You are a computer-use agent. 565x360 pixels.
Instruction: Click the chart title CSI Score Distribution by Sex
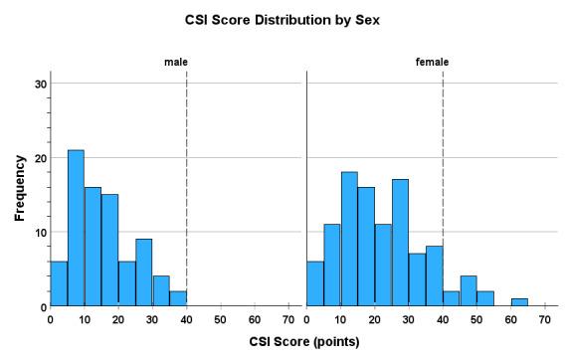coord(282,19)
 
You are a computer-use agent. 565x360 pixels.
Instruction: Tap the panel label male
coord(176,63)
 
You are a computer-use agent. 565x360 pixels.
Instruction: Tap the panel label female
coord(432,63)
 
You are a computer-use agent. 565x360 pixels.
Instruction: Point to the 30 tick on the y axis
coord(38,84)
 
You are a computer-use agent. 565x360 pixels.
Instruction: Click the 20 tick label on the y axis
coord(38,158)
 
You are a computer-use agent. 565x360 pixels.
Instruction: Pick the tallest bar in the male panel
coord(76,229)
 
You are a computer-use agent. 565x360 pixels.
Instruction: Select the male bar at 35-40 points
coord(178,298)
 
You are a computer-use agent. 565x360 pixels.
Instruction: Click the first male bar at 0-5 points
coord(59,284)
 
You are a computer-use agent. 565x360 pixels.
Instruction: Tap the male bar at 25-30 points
coord(143,272)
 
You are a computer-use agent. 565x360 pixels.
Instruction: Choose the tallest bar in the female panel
coord(349,240)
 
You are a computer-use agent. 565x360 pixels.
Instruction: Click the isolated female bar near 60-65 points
coord(519,302)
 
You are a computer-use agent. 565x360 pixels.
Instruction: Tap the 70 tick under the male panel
coord(288,320)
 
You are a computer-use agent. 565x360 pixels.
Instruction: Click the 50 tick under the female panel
coord(476,320)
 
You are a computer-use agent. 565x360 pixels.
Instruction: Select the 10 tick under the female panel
coord(340,320)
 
